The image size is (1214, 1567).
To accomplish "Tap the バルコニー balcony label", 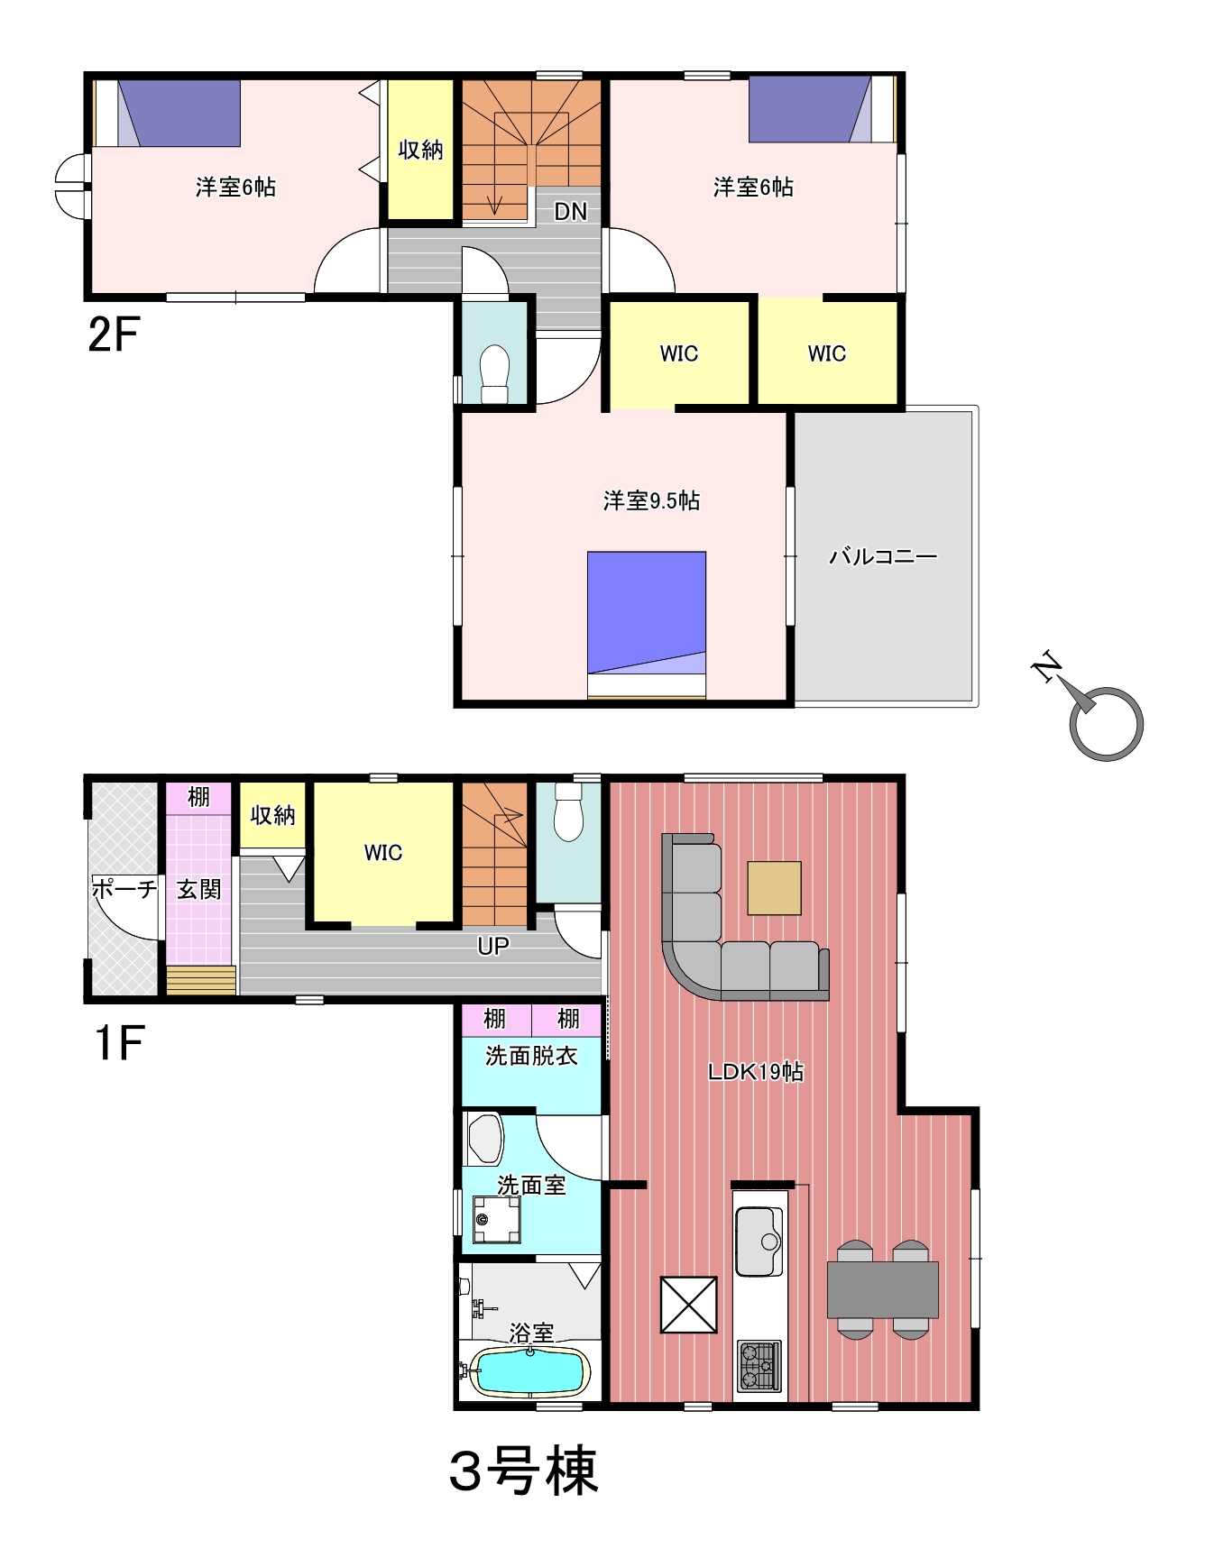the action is click(x=883, y=556).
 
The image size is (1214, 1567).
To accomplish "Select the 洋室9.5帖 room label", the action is click(x=651, y=500).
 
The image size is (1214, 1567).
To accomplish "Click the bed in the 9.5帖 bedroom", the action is click(x=647, y=625).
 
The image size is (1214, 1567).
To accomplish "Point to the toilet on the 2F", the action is click(x=494, y=372).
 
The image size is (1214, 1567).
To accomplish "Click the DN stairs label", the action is click(x=570, y=212).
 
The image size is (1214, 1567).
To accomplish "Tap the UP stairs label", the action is click(x=492, y=946).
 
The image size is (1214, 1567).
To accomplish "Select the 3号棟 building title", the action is click(x=524, y=1471).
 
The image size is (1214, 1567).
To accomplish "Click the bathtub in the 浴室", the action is click(x=529, y=1372).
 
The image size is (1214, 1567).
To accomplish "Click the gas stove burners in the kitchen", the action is click(x=759, y=1366).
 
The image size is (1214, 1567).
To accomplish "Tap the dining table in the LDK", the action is click(x=883, y=1289).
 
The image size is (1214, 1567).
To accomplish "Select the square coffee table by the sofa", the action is click(x=774, y=888).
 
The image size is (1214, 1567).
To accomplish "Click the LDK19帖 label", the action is click(x=756, y=1072).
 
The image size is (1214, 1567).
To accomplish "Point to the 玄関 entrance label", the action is click(x=198, y=889).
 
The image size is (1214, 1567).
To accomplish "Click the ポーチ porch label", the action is click(x=124, y=889).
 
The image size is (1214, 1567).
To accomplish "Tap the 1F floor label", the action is click(x=118, y=1044).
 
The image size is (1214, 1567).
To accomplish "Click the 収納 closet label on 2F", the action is click(x=420, y=151).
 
